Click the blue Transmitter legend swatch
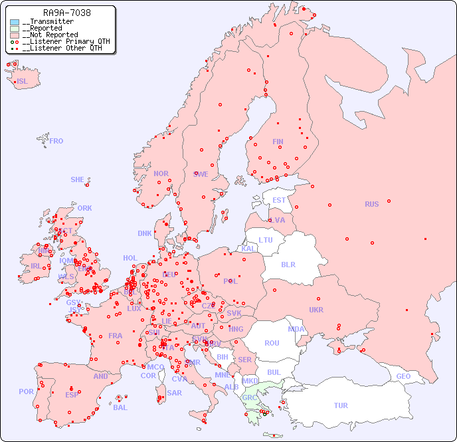click(x=15, y=22)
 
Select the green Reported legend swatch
click(x=15, y=29)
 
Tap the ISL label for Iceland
click(x=23, y=82)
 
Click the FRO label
click(x=56, y=141)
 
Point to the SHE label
click(x=77, y=179)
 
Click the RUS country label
click(x=371, y=204)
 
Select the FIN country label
click(x=278, y=142)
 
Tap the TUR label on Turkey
click(x=341, y=405)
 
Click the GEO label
click(x=403, y=376)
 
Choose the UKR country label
click(x=316, y=310)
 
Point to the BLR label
click(x=288, y=264)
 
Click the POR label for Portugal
click(x=26, y=391)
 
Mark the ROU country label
click(x=272, y=343)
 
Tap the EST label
click(x=279, y=200)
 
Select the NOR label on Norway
click(x=161, y=173)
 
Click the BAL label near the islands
click(x=120, y=407)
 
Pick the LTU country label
click(x=266, y=240)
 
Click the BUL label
click(x=274, y=372)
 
